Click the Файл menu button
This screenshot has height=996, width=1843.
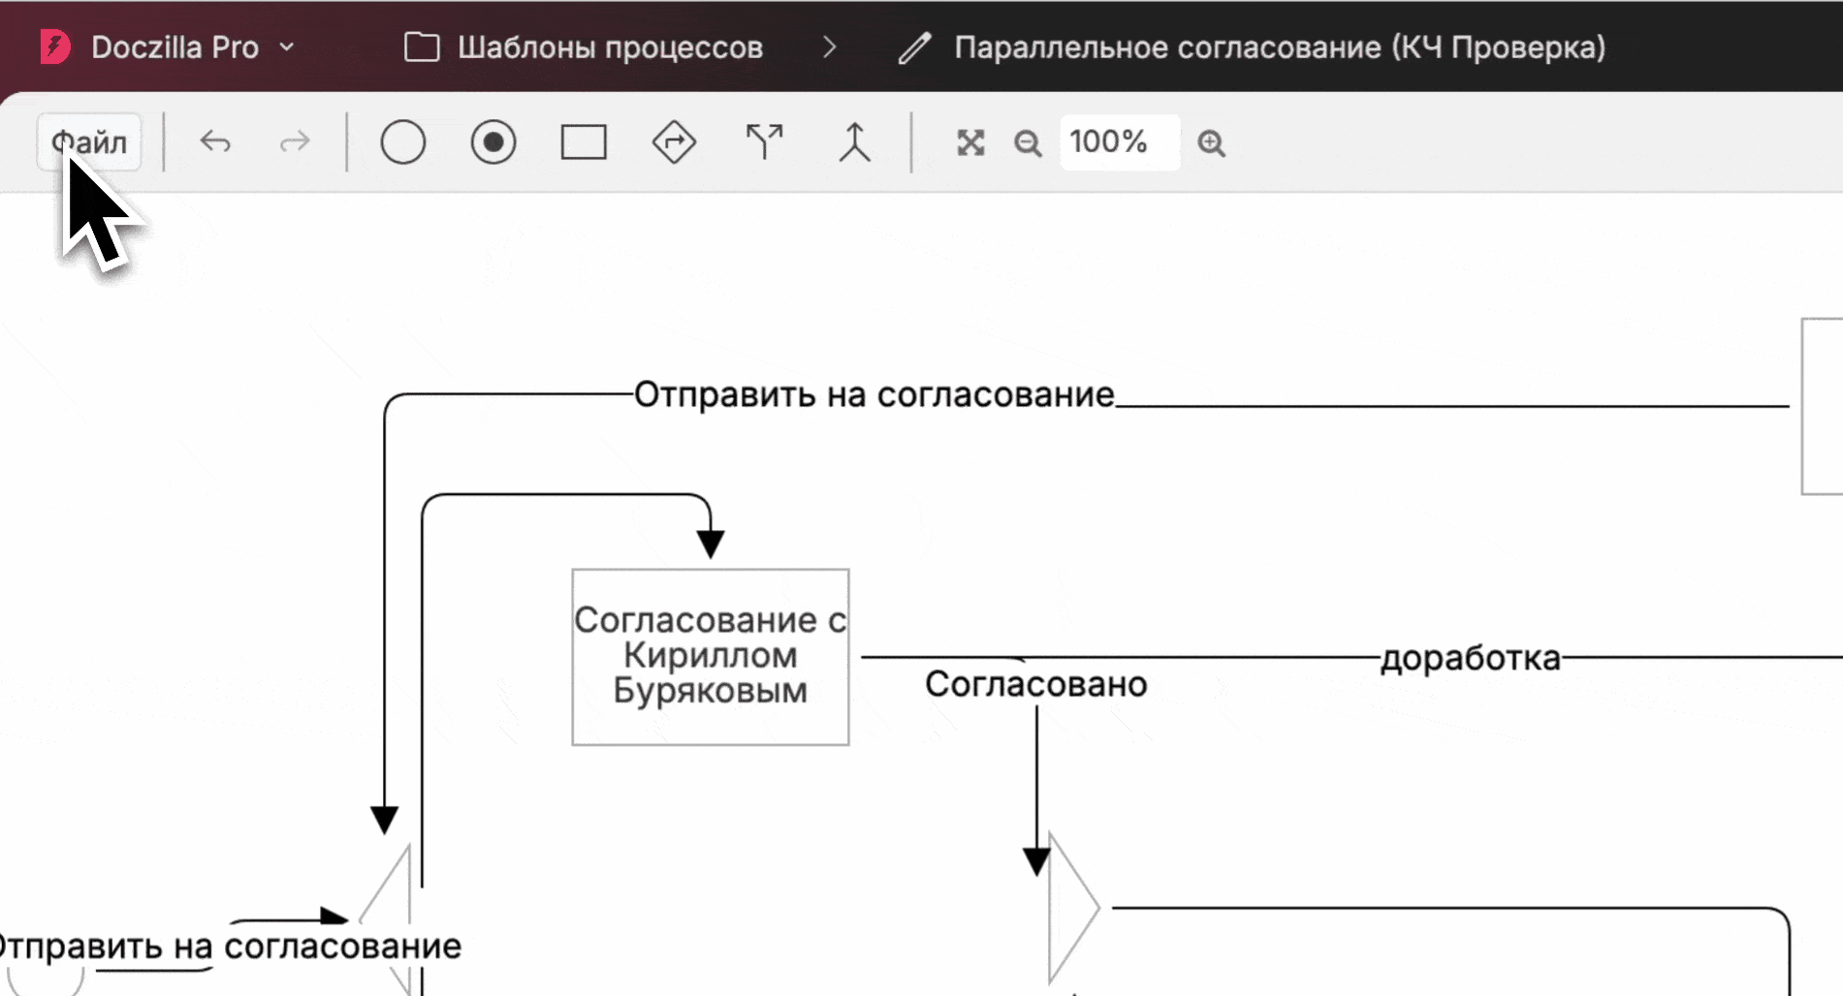coord(89,142)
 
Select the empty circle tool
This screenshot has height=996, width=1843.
coord(403,142)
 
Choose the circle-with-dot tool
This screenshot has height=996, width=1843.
coord(493,142)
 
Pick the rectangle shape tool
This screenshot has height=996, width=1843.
coord(584,142)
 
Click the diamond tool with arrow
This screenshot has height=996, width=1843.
coord(674,142)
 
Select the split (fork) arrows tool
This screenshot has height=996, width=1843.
coord(764,142)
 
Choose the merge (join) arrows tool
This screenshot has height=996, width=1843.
coord(854,142)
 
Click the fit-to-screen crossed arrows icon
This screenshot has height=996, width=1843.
coord(970,143)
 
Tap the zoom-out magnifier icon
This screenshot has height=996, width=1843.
coord(1028,143)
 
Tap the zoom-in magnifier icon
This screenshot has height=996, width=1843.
coord(1211,143)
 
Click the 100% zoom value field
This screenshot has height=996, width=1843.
coord(1120,142)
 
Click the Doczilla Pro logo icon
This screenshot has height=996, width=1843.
coord(55,47)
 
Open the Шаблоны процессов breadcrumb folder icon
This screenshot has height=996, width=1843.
coord(422,47)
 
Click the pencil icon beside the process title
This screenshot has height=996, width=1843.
coord(914,47)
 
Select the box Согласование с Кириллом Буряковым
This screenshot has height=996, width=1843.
coord(711,657)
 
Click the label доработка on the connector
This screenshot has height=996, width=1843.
coord(1471,658)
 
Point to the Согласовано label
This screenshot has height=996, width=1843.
coord(1035,684)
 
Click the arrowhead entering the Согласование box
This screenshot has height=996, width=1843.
coord(711,544)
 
